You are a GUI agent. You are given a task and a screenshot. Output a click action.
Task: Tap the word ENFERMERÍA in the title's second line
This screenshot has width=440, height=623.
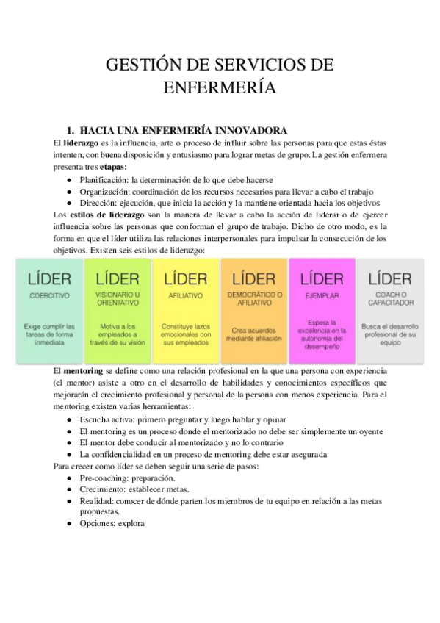pos(220,89)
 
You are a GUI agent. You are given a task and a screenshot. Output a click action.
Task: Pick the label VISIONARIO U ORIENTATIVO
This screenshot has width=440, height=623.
pos(118,298)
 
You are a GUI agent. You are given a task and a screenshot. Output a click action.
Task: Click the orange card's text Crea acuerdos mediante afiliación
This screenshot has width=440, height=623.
pos(253,334)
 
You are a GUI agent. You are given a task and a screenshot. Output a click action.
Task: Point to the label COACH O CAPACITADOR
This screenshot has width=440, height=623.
pos(389,298)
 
